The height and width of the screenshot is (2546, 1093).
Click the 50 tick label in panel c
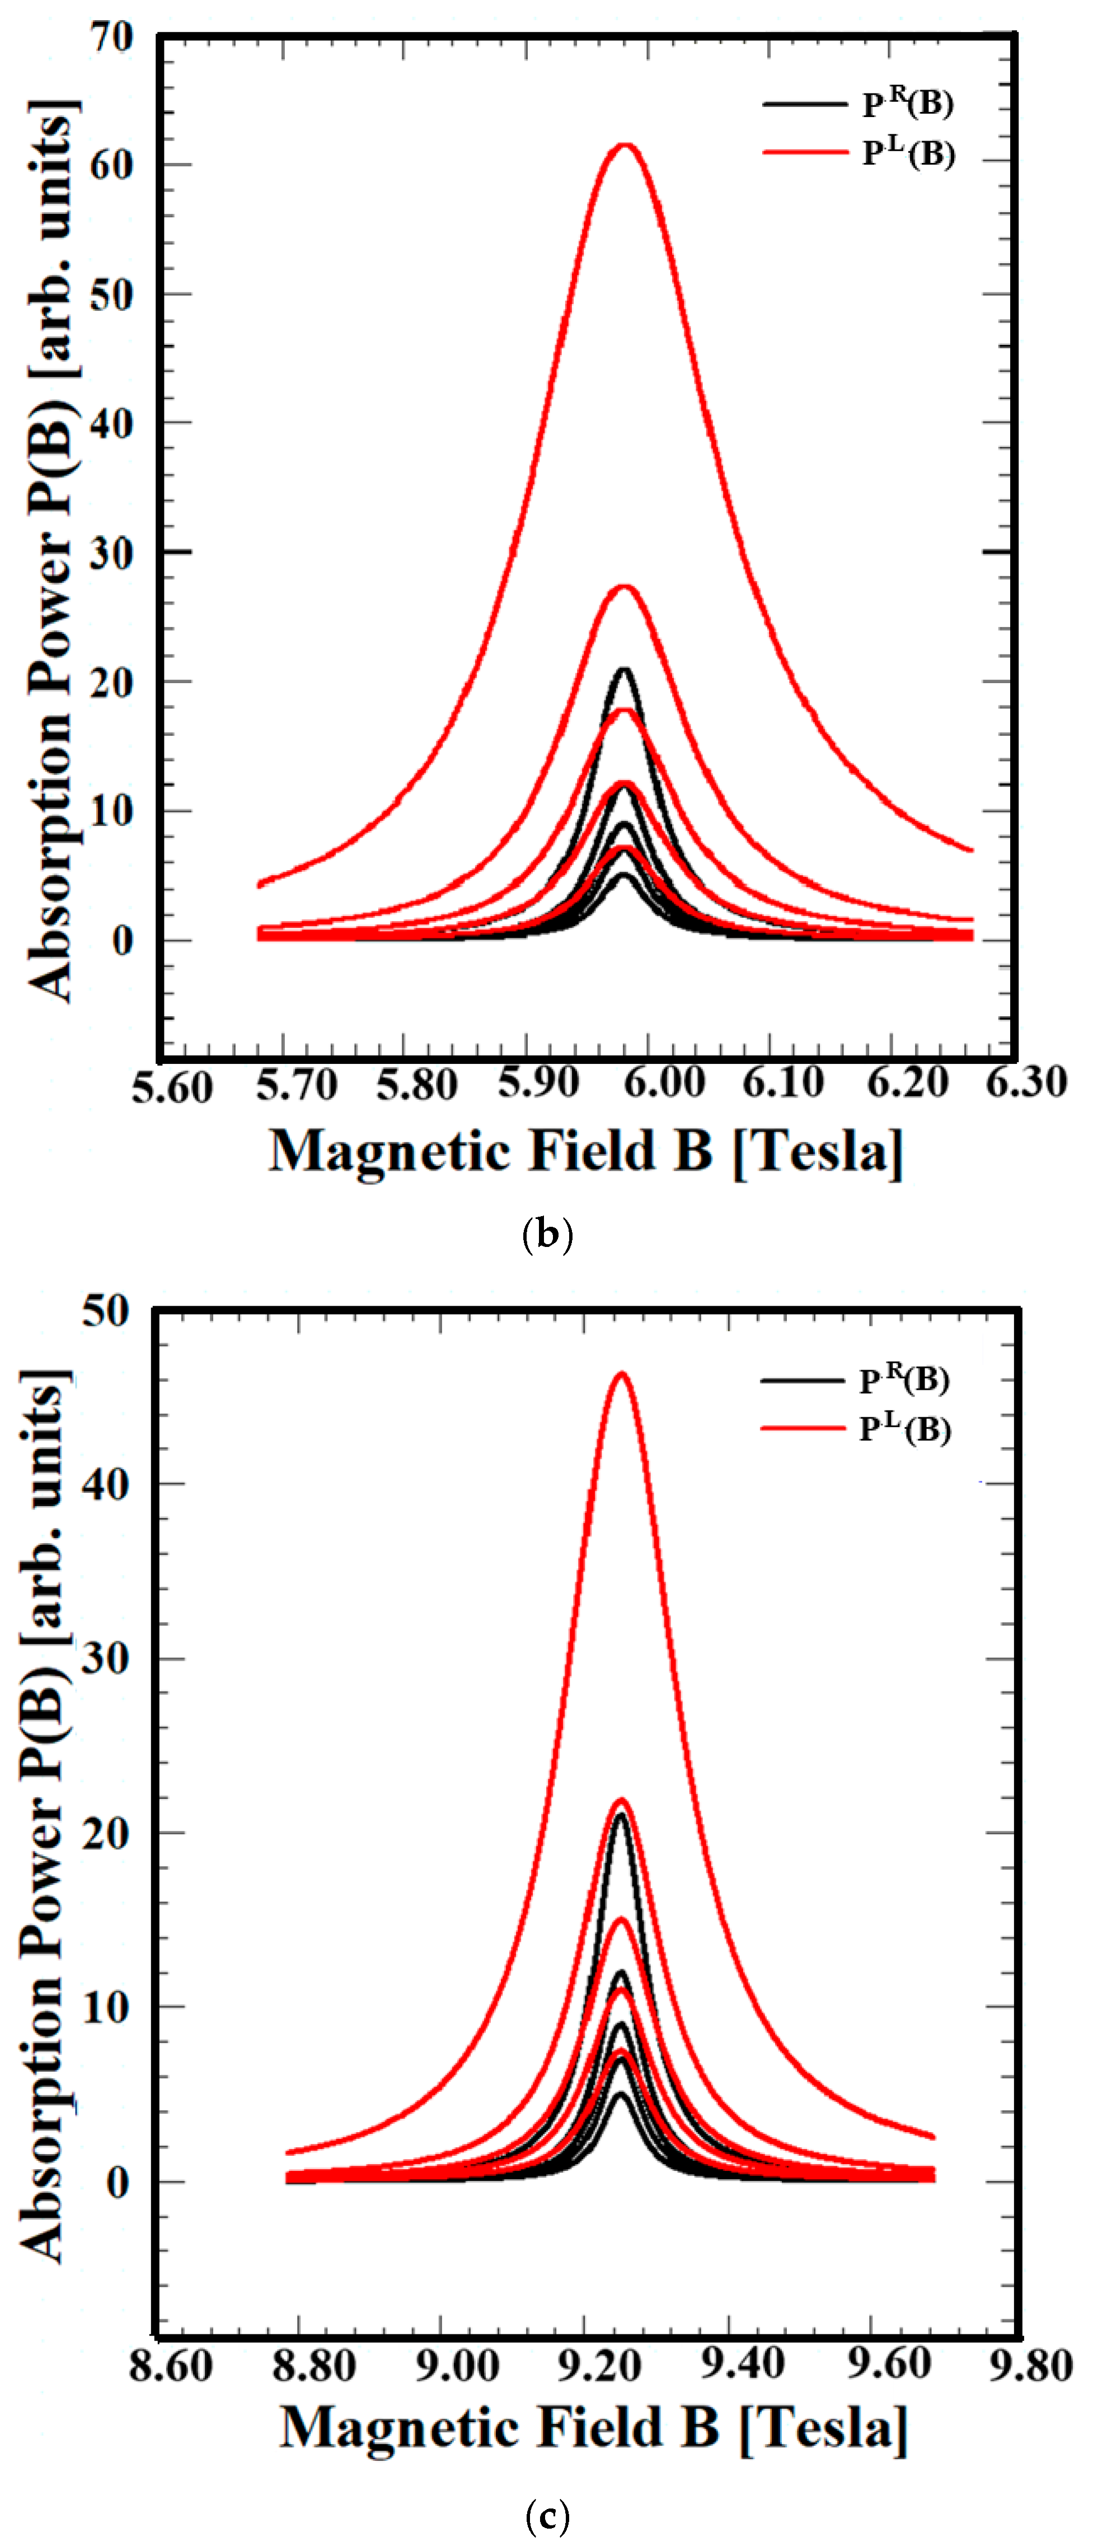(x=106, y=1311)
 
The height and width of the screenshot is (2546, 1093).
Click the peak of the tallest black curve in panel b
(x=623, y=670)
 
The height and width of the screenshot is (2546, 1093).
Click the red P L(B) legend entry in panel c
(x=855, y=1428)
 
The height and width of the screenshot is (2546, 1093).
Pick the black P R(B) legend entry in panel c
(x=855, y=1379)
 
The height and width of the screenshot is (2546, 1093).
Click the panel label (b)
(x=546, y=1235)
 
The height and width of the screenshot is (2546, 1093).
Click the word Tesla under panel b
(x=818, y=1151)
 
